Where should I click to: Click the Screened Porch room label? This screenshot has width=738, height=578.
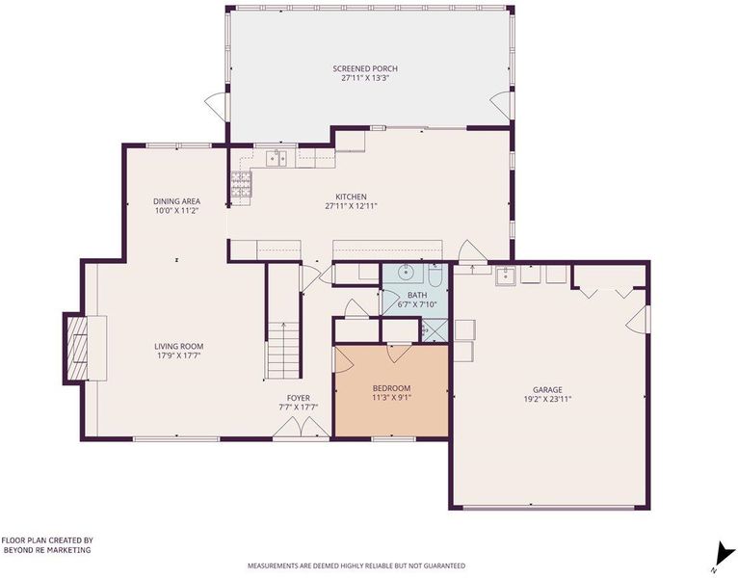click(x=365, y=68)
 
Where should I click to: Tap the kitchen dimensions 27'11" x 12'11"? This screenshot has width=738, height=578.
click(x=351, y=206)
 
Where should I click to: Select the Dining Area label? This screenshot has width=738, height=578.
click(x=176, y=201)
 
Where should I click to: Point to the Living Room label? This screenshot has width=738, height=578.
click(x=179, y=347)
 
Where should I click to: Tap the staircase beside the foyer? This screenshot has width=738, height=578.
click(x=284, y=351)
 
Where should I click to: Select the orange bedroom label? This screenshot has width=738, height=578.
click(x=391, y=388)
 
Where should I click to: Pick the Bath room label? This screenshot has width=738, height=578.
click(x=417, y=295)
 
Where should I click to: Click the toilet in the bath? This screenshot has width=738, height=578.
click(x=435, y=275)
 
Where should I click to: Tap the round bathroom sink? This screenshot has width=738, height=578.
click(x=405, y=272)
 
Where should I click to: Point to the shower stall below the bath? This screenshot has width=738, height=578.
click(x=435, y=330)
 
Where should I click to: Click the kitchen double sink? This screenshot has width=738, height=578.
click(x=277, y=159)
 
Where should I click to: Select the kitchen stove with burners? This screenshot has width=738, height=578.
click(x=241, y=184)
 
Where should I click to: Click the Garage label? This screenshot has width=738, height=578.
click(x=547, y=390)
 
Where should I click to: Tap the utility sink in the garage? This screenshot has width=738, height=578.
click(x=506, y=276)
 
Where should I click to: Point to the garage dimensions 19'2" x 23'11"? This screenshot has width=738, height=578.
click(x=547, y=399)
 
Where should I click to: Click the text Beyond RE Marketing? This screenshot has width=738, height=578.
click(x=47, y=550)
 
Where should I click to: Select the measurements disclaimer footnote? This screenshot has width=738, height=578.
click(x=356, y=565)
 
